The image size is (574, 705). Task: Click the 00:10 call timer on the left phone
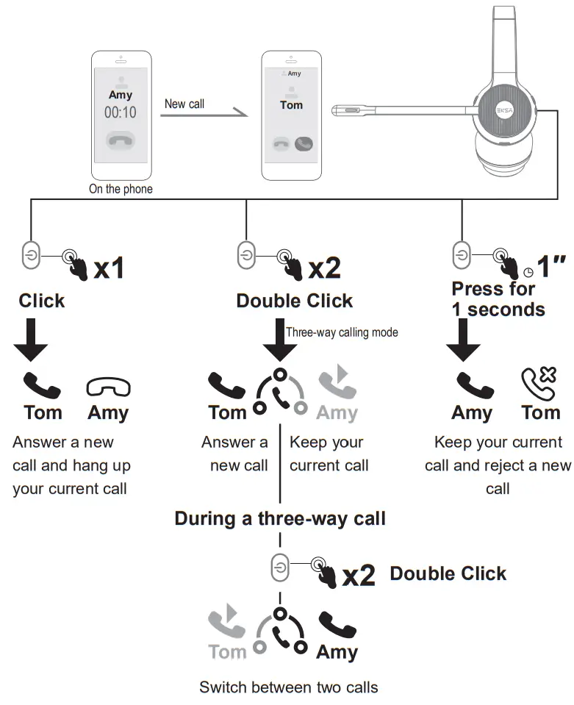tap(121, 112)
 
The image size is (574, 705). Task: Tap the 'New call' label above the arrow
tap(184, 104)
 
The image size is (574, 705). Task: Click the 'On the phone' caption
tap(121, 189)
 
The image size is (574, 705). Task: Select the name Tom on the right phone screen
tap(292, 105)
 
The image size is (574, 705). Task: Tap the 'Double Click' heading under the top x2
tap(294, 301)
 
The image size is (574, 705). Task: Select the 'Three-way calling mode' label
tap(342, 332)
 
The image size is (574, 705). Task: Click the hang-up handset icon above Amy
tap(108, 386)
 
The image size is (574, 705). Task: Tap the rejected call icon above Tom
tap(539, 385)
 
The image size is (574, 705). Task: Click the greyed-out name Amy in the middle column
tap(337, 412)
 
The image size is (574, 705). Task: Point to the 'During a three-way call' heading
tap(280, 518)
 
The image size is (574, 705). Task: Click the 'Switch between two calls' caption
tap(289, 687)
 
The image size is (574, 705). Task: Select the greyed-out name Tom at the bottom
tap(228, 651)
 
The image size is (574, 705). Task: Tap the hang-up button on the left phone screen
tap(121, 140)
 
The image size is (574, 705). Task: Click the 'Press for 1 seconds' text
tap(498, 298)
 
